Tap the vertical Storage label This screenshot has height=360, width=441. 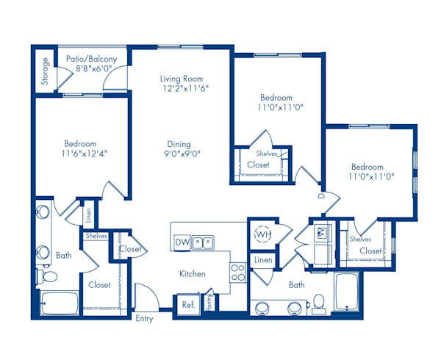click(46, 71)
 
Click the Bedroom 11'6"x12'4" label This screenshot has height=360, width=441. click(79, 148)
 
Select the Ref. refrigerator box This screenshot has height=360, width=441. click(187, 304)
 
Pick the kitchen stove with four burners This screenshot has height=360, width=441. click(238, 273)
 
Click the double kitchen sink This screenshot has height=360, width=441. click(204, 242)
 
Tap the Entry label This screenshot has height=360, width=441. click(144, 319)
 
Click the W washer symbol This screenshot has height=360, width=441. click(321, 233)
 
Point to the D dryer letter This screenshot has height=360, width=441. click(321, 196)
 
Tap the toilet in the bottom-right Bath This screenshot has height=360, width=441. click(318, 302)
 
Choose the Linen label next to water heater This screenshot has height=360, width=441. click(262, 260)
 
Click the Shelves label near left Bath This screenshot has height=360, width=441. click(96, 236)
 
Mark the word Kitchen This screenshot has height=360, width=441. click(192, 274)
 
